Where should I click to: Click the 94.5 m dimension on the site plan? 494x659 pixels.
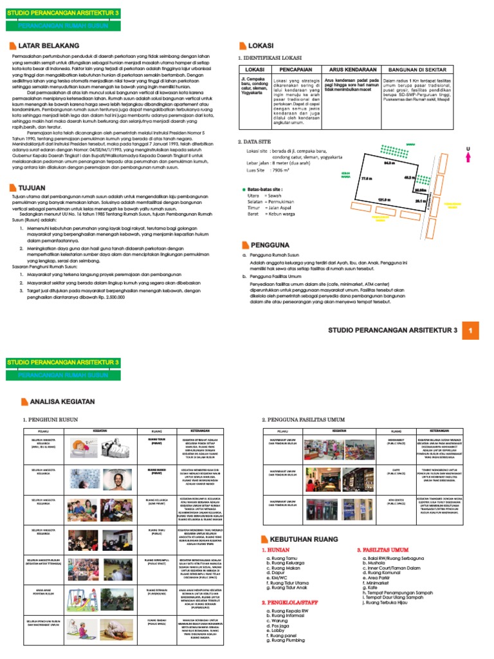(389, 163)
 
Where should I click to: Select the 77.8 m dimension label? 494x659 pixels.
(367, 178)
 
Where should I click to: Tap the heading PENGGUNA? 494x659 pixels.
(268, 245)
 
